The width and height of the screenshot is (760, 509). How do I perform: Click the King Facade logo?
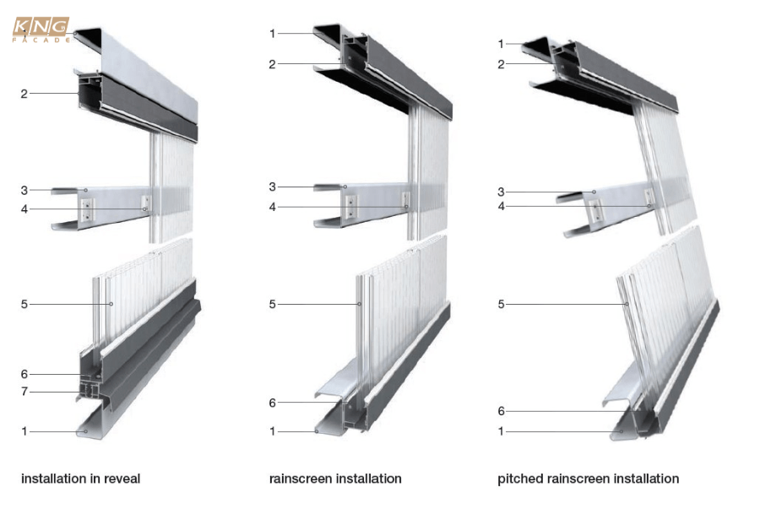point(41,30)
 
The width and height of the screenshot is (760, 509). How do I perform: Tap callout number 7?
point(24,393)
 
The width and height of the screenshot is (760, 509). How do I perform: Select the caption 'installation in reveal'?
point(81,479)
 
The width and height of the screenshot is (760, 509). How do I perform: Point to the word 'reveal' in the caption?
point(122,479)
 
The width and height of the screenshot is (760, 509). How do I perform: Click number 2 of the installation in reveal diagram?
point(24,94)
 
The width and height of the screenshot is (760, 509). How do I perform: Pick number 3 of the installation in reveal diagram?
point(24,189)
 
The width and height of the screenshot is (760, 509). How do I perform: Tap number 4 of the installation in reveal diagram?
point(24,208)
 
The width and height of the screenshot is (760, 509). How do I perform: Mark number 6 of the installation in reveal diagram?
point(24,374)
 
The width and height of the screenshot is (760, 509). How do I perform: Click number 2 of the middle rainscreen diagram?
point(272,63)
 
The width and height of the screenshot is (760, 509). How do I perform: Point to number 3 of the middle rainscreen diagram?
point(272,187)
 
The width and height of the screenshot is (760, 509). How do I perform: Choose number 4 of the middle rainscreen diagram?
point(272,207)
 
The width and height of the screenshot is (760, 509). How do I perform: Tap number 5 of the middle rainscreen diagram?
point(272,304)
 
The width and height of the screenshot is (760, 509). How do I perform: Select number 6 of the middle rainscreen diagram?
point(272,403)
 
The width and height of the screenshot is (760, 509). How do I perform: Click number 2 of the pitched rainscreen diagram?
point(502,64)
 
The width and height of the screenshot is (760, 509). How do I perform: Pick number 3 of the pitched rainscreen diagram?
point(502,192)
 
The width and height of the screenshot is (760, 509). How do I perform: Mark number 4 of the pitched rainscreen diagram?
point(502,206)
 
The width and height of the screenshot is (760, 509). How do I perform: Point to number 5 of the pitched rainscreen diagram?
point(502,304)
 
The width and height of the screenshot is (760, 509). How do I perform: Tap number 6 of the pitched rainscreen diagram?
point(502,411)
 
